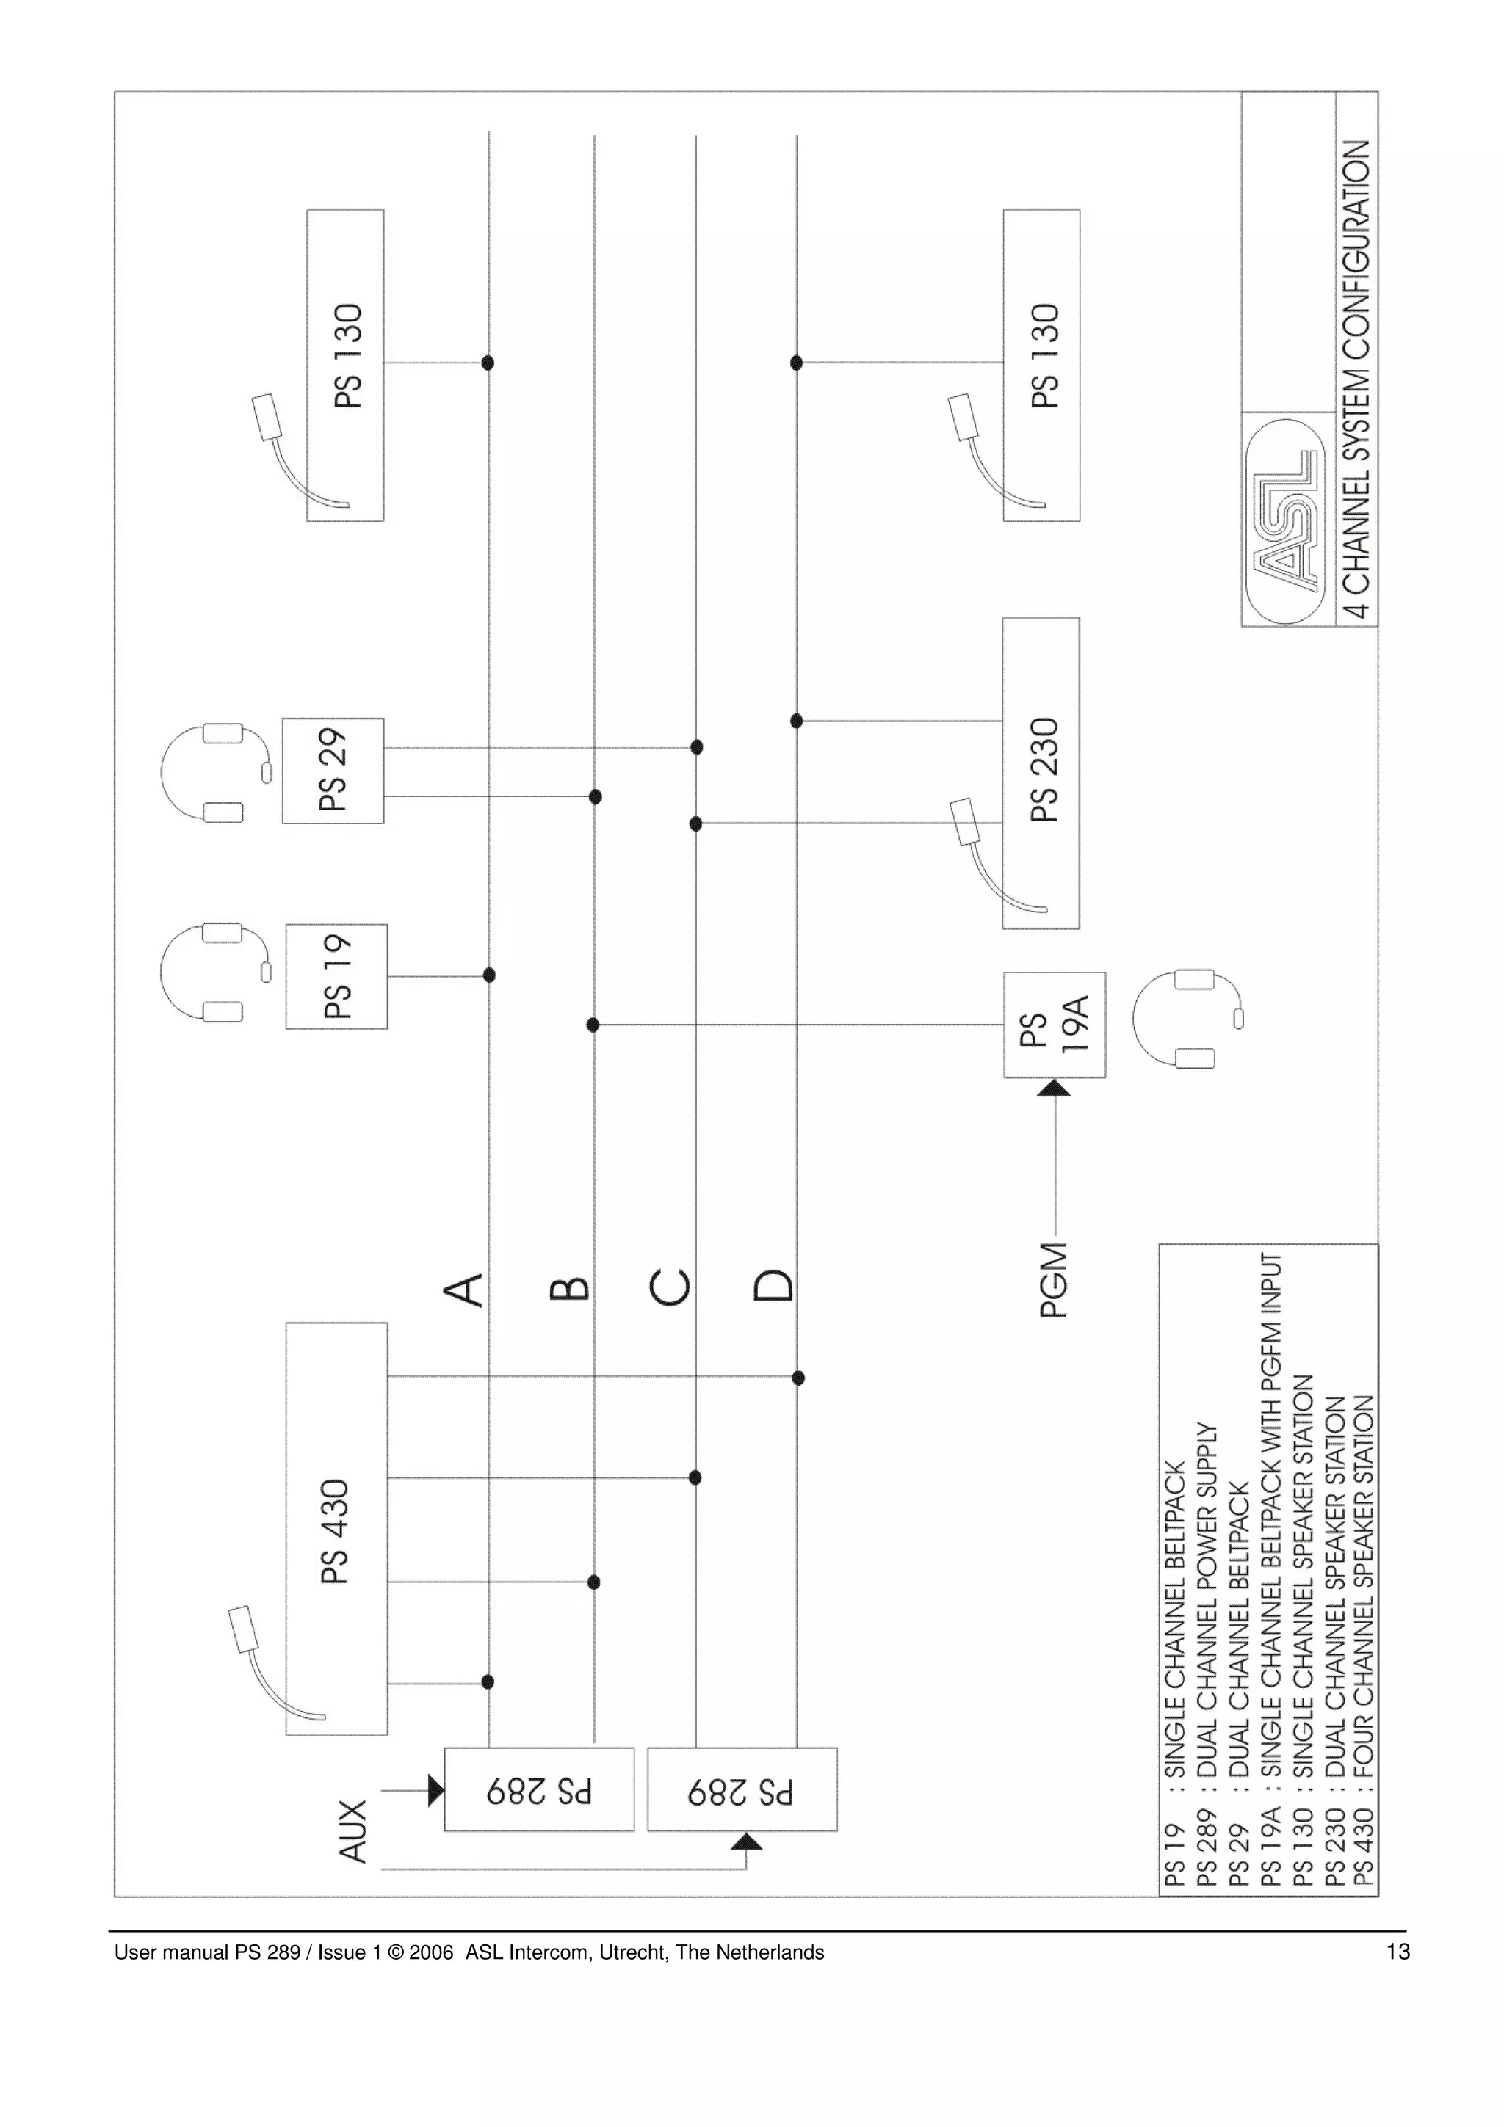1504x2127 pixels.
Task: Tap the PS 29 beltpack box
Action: click(333, 771)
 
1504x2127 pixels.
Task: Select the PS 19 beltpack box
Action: click(336, 976)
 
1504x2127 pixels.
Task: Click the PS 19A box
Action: click(1055, 1025)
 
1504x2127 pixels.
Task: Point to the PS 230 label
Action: click(1044, 770)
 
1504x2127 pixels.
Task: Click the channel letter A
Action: click(464, 1289)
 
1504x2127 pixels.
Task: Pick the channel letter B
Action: click(569, 1289)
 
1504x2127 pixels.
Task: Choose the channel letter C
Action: click(670, 1287)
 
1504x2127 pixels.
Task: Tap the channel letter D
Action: click(773, 1285)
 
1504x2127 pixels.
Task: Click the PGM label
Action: click(1054, 1279)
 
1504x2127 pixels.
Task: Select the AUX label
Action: click(353, 1830)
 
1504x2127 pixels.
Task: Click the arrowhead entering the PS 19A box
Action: click(1054, 1088)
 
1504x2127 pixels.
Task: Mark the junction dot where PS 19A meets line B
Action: click(593, 1025)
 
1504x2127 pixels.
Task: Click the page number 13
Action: click(1398, 1952)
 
